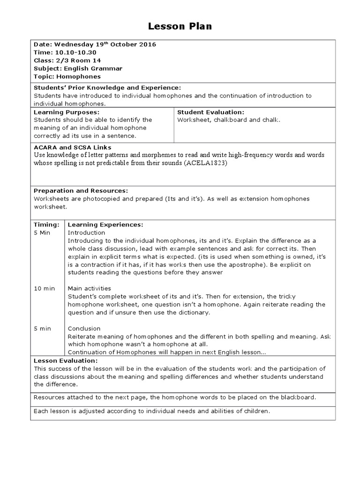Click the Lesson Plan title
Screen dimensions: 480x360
(180, 26)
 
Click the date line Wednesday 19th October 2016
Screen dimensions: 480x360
(95, 45)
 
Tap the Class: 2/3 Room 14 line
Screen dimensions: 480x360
(67, 60)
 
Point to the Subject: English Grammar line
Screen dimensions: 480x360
(78, 68)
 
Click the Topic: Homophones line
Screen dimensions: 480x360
(67, 76)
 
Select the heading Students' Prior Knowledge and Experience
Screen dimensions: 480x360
(107, 88)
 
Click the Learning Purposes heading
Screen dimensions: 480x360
(66, 112)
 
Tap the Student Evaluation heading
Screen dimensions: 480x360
(211, 112)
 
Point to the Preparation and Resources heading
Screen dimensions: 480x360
(80, 191)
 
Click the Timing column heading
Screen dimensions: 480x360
(46, 225)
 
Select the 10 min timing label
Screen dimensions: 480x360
(44, 288)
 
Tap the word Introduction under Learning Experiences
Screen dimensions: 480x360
(86, 232)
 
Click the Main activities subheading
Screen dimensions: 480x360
(90, 288)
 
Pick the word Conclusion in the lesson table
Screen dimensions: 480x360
(84, 329)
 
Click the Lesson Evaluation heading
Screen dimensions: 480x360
(66, 360)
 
